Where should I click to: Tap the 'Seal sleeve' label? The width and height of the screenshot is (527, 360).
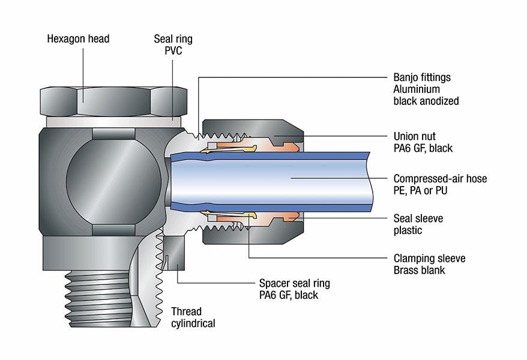(418, 219)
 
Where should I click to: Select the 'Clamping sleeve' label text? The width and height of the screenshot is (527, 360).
(429, 259)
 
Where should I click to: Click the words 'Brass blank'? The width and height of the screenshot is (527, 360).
(419, 271)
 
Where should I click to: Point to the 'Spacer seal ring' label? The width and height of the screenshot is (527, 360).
(294, 283)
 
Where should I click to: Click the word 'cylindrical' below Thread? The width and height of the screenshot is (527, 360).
(193, 324)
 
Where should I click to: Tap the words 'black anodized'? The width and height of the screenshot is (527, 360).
(426, 101)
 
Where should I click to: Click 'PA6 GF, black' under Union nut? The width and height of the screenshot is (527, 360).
(423, 149)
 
